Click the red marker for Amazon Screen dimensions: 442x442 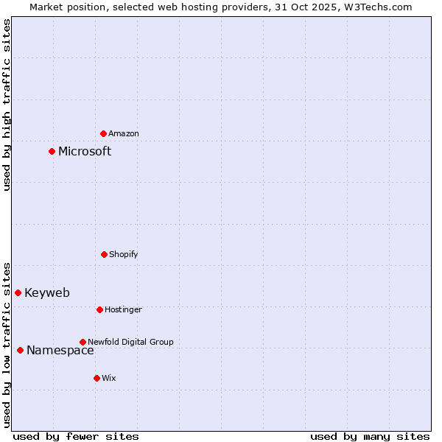pos(103,133)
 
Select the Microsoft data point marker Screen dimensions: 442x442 pos(52,151)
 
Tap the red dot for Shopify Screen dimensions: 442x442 pos(104,254)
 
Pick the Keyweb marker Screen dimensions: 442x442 pos(18,292)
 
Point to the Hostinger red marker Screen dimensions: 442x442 pos(99,309)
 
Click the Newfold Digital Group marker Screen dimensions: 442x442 pos(83,342)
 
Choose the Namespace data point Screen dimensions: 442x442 pos(20,350)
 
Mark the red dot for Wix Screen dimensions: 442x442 pos(97,378)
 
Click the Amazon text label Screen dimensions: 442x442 pos(124,133)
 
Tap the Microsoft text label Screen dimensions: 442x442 pos(85,151)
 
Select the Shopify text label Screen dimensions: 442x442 pos(124,254)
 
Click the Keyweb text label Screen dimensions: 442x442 pos(47,292)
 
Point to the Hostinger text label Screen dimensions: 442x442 pos(123,309)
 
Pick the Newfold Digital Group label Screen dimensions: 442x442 pos(130,342)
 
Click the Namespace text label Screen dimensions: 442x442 pos(60,350)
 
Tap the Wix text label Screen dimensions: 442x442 pos(109,378)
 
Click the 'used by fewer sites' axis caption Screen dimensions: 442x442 pos(76,436)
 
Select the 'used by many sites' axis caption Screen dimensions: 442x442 pos(370,436)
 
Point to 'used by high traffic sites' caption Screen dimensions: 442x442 pos(7,105)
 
